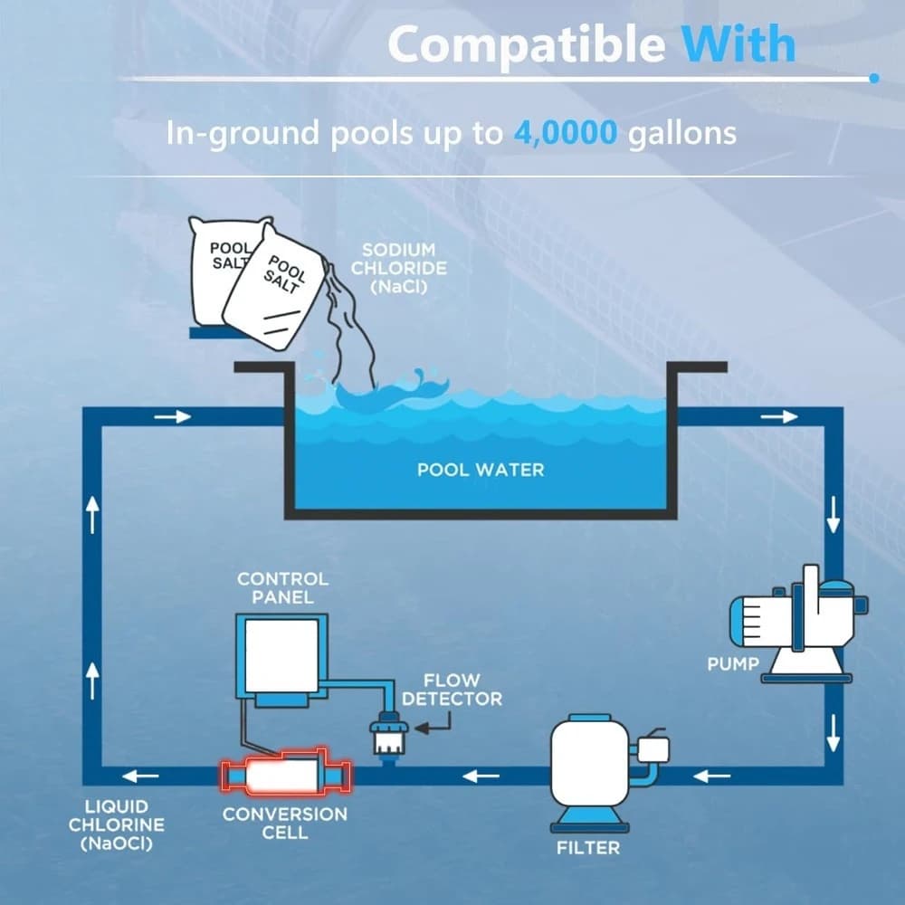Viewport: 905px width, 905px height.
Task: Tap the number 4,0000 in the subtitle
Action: pos(565,133)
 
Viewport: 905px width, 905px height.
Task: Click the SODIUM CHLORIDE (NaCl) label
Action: pos(399,268)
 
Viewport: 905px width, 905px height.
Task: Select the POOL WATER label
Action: pos(481,470)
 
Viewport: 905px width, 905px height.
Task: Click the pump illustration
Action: pos(799,624)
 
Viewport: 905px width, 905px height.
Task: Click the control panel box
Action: pos(281,659)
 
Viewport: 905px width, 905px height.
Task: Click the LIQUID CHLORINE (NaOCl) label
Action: pos(117,824)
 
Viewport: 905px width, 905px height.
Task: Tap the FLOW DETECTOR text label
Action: pos(452,690)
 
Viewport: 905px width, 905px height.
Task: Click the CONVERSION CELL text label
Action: pos(285,823)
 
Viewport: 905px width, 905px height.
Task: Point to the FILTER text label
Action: pos(588,848)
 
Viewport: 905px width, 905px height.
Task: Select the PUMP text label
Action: pos(733,663)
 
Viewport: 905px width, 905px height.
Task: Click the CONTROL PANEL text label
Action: pos(282,587)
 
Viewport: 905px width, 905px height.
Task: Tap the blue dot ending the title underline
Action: pos(874,78)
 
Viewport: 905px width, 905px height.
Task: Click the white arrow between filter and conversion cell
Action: pos(481,776)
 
